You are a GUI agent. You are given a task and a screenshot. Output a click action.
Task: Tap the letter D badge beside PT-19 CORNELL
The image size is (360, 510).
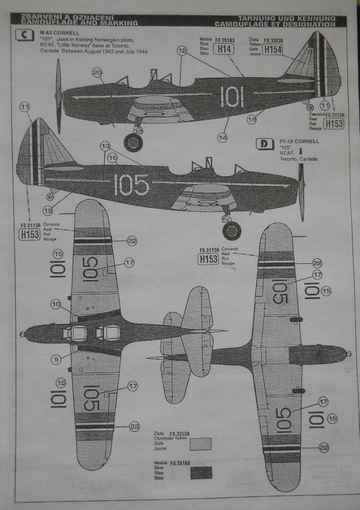(x=264, y=144)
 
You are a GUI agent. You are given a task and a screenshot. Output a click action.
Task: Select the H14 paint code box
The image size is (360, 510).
(x=224, y=49)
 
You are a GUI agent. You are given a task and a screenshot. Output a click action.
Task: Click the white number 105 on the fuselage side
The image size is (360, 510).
(x=132, y=185)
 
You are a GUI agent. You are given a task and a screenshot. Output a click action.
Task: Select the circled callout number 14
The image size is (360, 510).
(x=223, y=137)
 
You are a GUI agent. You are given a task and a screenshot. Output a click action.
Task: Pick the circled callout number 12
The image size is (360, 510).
(x=181, y=51)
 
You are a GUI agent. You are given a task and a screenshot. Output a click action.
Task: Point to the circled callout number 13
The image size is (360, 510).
(x=105, y=146)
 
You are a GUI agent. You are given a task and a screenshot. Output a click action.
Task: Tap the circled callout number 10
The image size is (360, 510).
(x=56, y=304)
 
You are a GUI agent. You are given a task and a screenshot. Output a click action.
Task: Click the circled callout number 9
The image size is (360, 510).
(x=56, y=359)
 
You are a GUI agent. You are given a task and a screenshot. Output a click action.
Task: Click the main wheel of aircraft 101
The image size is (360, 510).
(x=133, y=142)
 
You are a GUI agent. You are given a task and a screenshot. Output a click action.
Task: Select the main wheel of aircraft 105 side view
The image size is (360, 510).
(x=231, y=230)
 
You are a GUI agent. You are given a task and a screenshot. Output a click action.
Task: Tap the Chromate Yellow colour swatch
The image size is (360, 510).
(x=201, y=444)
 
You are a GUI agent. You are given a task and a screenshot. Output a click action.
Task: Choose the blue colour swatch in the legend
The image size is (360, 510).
(x=201, y=472)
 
